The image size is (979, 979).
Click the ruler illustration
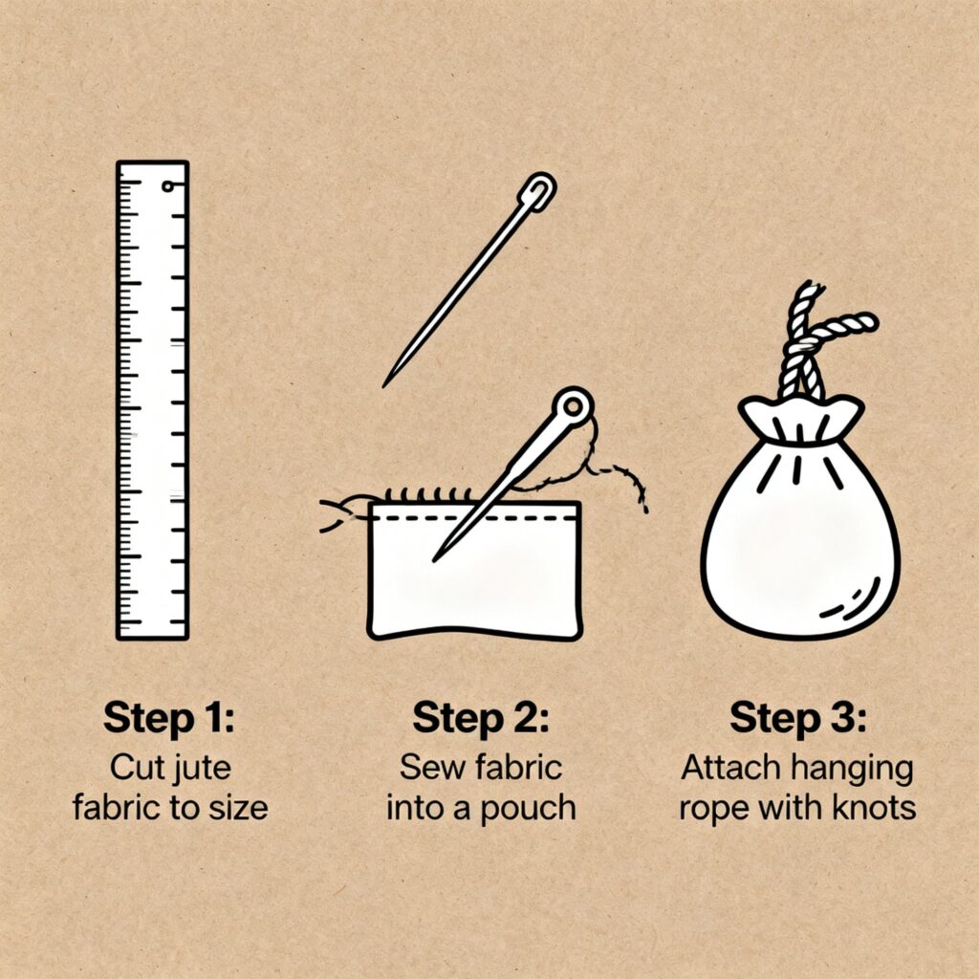pyautogui.click(x=152, y=401)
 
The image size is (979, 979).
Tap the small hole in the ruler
pyautogui.click(x=167, y=186)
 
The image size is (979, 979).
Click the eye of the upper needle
pyautogui.click(x=541, y=189)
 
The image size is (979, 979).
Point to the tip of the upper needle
pyautogui.click(x=383, y=386)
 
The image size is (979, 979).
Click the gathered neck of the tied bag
pyautogui.click(x=802, y=420)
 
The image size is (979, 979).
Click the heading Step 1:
pyautogui.click(x=169, y=718)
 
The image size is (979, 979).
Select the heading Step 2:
pyautogui.click(x=481, y=718)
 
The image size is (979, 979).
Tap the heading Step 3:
pyautogui.click(x=798, y=718)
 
